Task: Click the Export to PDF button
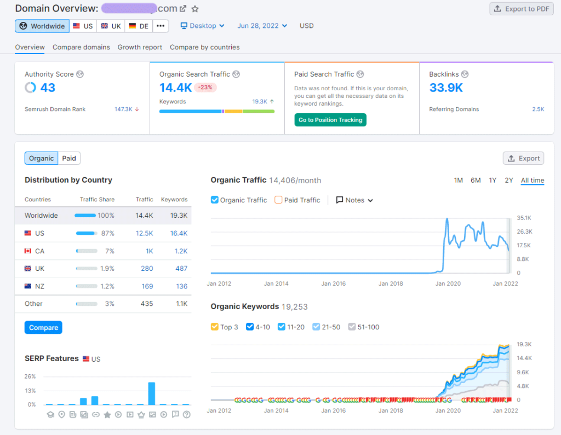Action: tap(521, 9)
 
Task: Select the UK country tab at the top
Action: tap(111, 26)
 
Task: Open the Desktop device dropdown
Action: tap(203, 26)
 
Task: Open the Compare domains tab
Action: tap(81, 47)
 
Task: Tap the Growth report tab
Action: tap(140, 47)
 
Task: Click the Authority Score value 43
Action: tap(48, 88)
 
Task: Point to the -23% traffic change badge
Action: tap(205, 88)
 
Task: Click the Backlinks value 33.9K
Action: tap(446, 88)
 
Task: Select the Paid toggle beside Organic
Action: tap(69, 158)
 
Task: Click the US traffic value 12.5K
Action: tap(145, 233)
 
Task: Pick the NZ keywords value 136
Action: tap(181, 286)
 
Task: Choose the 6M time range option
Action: tap(476, 181)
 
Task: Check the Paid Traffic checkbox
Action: tap(278, 200)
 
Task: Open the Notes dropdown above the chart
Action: tap(354, 200)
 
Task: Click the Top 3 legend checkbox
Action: tap(215, 327)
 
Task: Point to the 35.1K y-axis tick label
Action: tap(524, 218)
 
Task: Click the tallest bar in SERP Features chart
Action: tap(152, 393)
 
